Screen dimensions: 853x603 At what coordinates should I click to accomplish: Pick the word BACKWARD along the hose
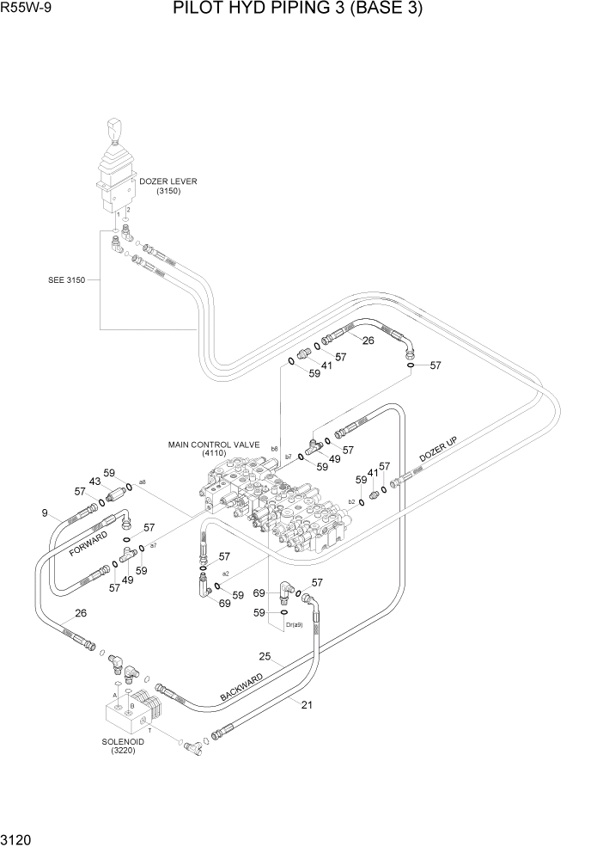pyautogui.click(x=241, y=684)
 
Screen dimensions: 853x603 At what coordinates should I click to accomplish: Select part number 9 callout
pyautogui.click(x=44, y=514)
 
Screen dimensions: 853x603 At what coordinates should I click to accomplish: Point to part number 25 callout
pyautogui.click(x=265, y=657)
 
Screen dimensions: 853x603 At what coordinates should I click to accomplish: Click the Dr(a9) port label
pyautogui.click(x=294, y=624)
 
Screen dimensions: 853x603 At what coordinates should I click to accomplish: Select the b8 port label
pyautogui.click(x=274, y=448)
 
